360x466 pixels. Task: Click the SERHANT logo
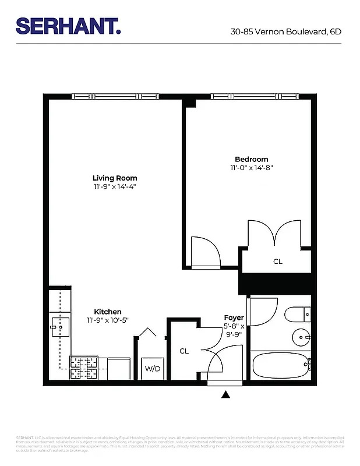[x=69, y=26]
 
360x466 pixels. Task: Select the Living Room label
[x=115, y=178]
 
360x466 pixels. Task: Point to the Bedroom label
[x=251, y=159]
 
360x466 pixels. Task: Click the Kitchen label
[x=108, y=312]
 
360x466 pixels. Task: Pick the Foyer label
[x=234, y=317]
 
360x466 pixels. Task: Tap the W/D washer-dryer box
[x=153, y=369]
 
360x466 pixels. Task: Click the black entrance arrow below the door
[x=225, y=396]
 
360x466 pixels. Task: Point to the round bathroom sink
[x=301, y=336]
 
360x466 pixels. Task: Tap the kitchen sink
[x=59, y=327]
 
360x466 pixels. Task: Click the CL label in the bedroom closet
[x=277, y=262]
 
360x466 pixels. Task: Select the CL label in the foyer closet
[x=184, y=351]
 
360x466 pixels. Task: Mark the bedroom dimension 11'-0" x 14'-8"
[x=251, y=168]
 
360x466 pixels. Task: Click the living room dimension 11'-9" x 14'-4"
[x=115, y=187]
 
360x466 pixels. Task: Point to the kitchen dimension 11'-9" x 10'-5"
[x=108, y=320]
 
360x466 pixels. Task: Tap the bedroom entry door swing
[x=205, y=252]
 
